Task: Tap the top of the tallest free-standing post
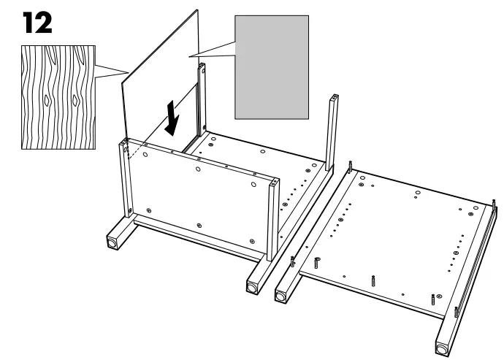click(x=335, y=97)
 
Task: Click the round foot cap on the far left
click(x=114, y=240)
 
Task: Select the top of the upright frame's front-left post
click(x=123, y=144)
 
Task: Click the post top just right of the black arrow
click(x=200, y=67)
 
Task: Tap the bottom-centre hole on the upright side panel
click(x=199, y=224)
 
